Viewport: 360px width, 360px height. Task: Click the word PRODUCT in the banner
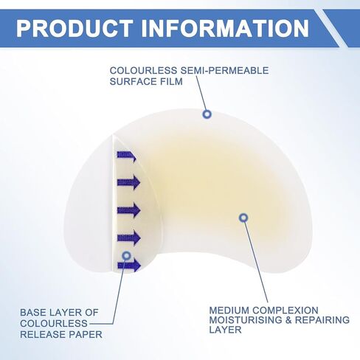point(75,28)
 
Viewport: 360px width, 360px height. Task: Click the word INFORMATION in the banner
point(225,28)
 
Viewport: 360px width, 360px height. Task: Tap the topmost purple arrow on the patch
point(126,156)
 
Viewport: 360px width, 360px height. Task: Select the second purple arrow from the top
point(128,182)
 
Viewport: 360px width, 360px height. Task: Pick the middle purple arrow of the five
point(128,210)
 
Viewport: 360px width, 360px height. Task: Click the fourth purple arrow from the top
point(129,238)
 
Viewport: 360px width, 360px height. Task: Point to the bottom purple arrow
point(129,266)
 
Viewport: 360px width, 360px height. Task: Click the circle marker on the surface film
point(207,114)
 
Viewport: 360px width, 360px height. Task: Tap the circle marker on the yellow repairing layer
point(243,218)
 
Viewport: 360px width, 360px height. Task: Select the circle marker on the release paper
point(126,256)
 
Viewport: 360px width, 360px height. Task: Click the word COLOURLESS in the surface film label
point(143,71)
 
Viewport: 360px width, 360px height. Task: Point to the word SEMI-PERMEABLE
point(224,71)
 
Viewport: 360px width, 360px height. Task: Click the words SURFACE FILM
point(146,81)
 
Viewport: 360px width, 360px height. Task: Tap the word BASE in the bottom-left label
point(33,313)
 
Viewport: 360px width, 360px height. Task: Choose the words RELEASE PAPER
point(61,334)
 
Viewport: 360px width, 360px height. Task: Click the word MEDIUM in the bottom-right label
point(229,311)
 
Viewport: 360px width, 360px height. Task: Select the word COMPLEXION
point(285,311)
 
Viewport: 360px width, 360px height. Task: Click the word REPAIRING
point(322,320)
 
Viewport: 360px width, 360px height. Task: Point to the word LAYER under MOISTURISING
point(225,330)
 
